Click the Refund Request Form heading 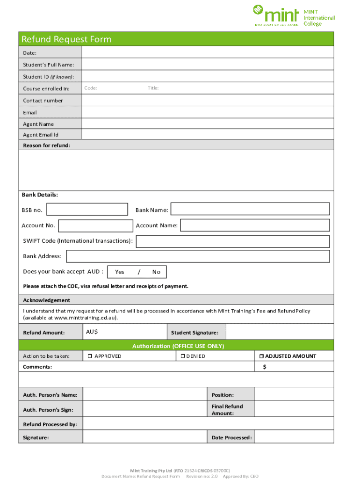66,39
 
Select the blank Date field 208,52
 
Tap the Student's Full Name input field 208,65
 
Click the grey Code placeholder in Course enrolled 91,88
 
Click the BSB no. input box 87,210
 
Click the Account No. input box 95,226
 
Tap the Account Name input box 255,225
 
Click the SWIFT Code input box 232,241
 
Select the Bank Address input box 198,256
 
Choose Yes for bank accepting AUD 120,272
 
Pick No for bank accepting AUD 156,272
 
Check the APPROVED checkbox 89,356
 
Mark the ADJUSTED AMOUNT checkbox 262,356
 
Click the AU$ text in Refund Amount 92,332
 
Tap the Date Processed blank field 294,437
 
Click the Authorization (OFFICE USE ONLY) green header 178,346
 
